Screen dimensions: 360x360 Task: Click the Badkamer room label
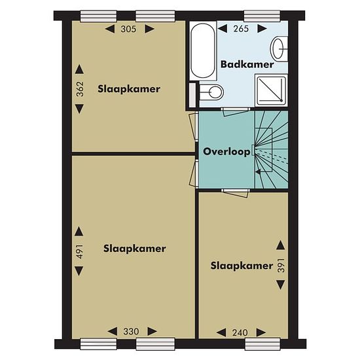(247, 64)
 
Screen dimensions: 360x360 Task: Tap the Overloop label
(226, 152)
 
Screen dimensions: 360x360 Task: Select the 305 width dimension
(128, 29)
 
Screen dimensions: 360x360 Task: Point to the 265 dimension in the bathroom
(241, 29)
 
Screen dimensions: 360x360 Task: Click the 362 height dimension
(80, 89)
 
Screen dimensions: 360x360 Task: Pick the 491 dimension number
(80, 251)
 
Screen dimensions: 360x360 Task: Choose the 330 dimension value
(131, 332)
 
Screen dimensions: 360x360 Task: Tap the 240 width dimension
(240, 333)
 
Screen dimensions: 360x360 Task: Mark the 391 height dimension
(281, 265)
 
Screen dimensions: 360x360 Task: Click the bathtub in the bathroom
(203, 50)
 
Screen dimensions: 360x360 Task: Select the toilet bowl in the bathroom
(211, 92)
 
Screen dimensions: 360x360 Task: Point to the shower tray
(272, 90)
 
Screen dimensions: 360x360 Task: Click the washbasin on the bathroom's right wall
(279, 49)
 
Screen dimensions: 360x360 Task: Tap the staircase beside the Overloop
(271, 150)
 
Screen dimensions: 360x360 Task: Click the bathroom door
(235, 112)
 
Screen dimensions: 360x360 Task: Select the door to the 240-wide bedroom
(236, 193)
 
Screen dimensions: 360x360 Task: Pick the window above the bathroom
(262, 16)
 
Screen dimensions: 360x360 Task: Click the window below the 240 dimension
(262, 344)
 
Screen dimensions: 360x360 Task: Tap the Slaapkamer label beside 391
(242, 266)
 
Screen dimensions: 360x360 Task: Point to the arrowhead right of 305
(150, 29)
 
